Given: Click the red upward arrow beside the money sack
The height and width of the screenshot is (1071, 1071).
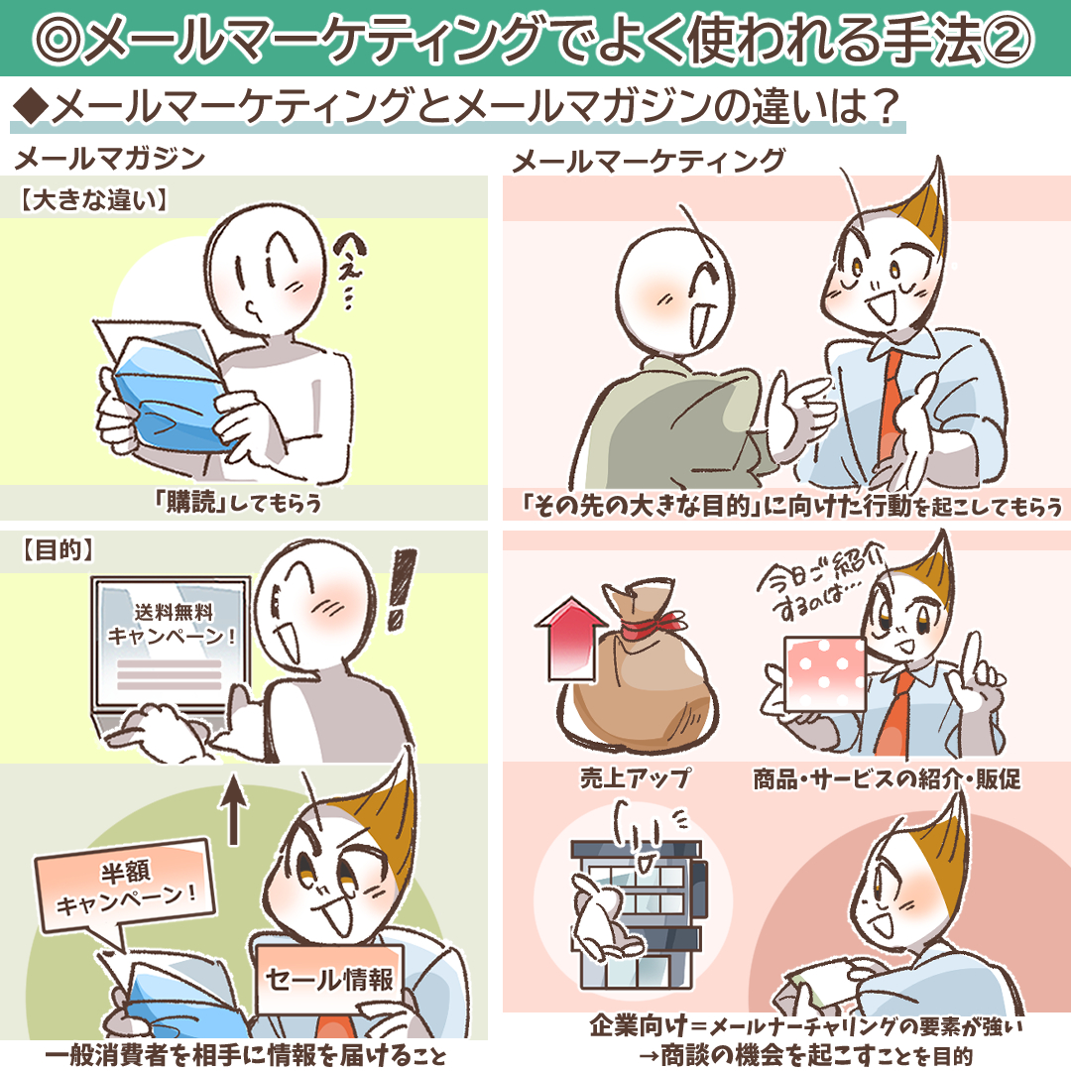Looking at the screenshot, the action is pyautogui.click(x=571, y=640).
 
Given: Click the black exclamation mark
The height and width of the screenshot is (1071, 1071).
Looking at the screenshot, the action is pyautogui.click(x=401, y=589).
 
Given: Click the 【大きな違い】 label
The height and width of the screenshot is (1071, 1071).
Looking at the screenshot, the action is pyautogui.click(x=93, y=200).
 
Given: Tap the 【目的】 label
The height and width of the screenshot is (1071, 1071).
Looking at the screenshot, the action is pyautogui.click(x=58, y=550).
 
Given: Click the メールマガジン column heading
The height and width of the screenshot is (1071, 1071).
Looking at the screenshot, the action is pyautogui.click(x=109, y=159).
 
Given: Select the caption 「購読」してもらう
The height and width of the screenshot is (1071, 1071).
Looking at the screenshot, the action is pyautogui.click(x=238, y=504).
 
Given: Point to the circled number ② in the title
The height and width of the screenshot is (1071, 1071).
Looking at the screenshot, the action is pyautogui.click(x=1010, y=39).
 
